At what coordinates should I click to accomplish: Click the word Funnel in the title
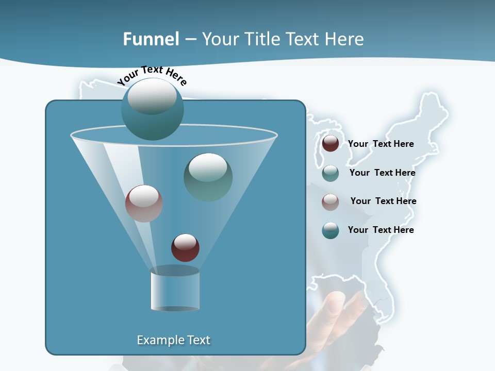click(x=151, y=39)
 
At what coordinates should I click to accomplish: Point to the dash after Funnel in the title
click(x=190, y=40)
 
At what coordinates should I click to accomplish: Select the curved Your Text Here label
click(x=152, y=75)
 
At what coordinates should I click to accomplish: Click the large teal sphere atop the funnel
click(x=152, y=109)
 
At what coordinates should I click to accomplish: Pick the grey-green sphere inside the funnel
click(x=208, y=177)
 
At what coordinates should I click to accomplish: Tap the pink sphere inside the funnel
click(x=144, y=204)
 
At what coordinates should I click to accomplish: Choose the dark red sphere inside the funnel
click(x=185, y=248)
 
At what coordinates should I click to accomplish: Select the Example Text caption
click(x=173, y=340)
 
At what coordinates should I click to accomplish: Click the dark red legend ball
click(x=330, y=143)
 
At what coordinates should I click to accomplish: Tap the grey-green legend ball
click(x=330, y=173)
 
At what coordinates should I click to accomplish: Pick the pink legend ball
click(x=330, y=201)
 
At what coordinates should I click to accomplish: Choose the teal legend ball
click(x=330, y=230)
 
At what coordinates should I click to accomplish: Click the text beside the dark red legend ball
click(x=381, y=144)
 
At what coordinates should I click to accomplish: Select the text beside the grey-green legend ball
click(x=382, y=173)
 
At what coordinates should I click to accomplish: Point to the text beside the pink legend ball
click(x=383, y=201)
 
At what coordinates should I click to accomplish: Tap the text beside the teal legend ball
click(x=381, y=230)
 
